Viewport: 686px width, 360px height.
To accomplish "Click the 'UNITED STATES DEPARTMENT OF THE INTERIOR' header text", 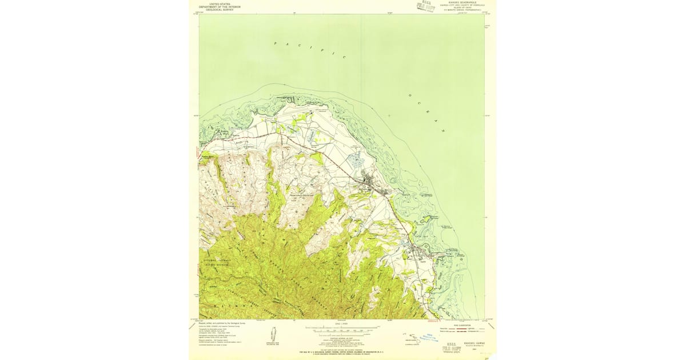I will tap(225, 6).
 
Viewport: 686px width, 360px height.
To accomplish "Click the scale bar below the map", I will tap(341, 329).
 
